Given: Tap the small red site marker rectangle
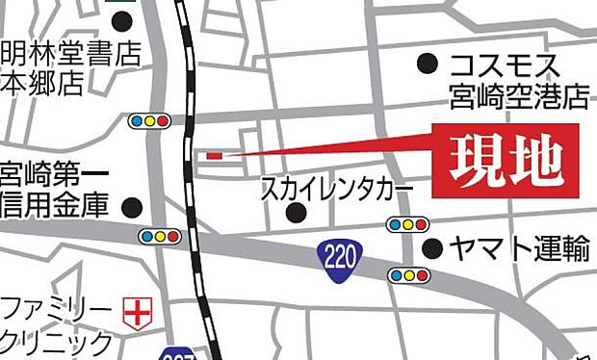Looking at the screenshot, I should point(214,154).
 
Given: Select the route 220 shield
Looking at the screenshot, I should point(332,255).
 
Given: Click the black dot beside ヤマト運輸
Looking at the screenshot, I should point(434,249).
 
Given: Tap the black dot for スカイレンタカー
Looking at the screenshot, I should point(298,212).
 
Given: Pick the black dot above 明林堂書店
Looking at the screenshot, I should point(121,20).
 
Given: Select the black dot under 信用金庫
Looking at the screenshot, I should point(132,207).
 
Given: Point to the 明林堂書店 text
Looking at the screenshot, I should point(70,52).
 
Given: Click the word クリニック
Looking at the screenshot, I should point(57,341).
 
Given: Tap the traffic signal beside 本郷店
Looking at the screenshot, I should point(149,121).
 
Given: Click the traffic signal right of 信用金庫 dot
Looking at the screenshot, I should point(160,236).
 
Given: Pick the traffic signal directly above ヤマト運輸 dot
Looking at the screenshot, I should point(408,224).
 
